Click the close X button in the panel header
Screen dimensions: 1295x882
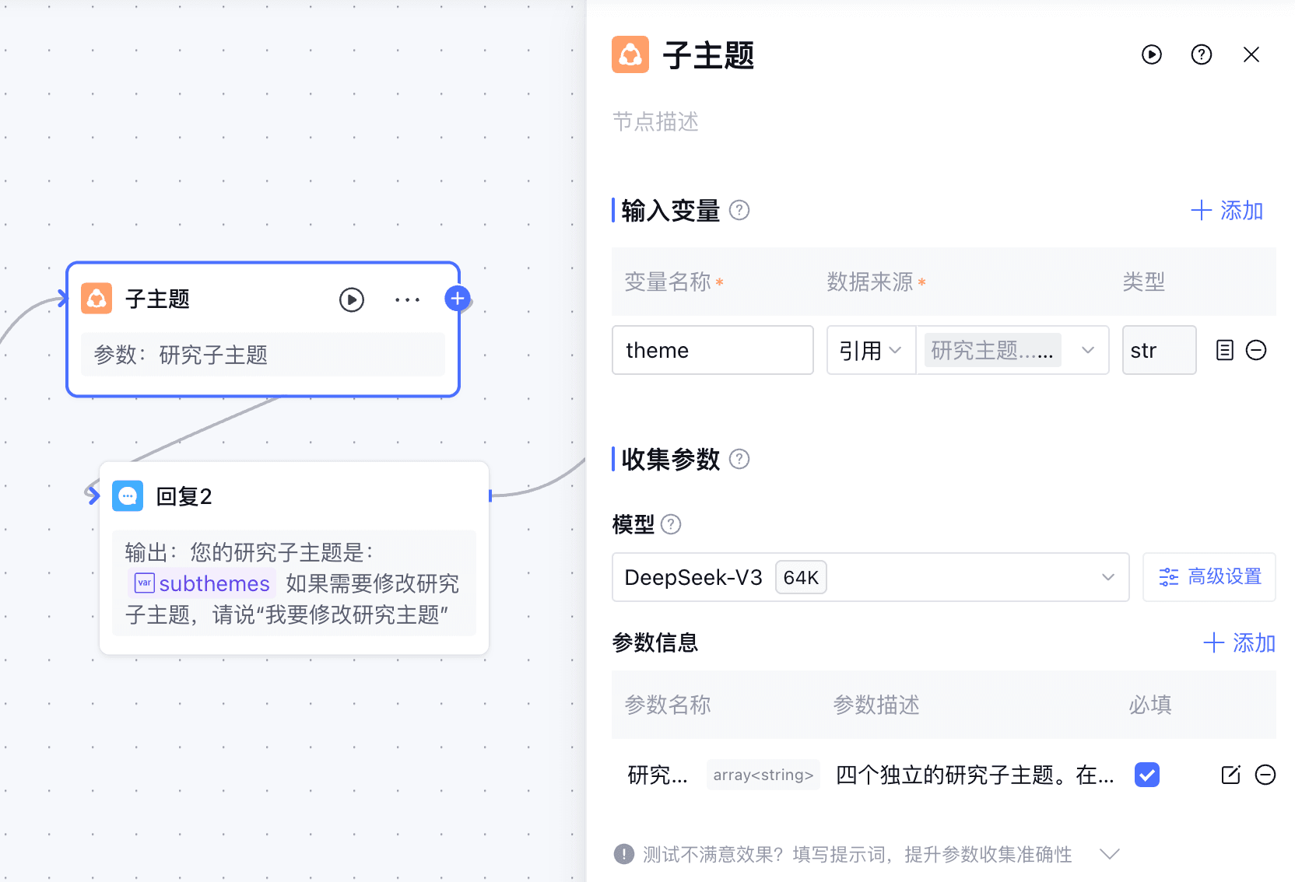(x=1251, y=54)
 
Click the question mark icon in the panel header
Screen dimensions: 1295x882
(x=1201, y=54)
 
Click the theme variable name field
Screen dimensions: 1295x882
(x=712, y=350)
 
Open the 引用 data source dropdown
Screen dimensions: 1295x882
(x=871, y=350)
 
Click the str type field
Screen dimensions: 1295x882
(x=1158, y=350)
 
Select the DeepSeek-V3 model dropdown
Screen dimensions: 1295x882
(x=869, y=577)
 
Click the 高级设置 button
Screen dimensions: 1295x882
(x=1209, y=577)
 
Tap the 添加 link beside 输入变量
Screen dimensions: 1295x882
(x=1227, y=211)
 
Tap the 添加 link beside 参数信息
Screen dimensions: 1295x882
(x=1239, y=643)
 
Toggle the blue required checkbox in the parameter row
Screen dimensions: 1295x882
(x=1146, y=775)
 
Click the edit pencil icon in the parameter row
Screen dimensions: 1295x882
(x=1230, y=775)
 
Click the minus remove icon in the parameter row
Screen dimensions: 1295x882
(x=1265, y=775)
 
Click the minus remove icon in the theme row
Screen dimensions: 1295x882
(x=1256, y=350)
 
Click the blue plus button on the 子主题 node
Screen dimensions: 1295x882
(x=458, y=299)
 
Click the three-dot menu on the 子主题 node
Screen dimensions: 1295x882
(x=407, y=299)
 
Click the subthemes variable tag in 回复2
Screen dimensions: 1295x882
(x=202, y=583)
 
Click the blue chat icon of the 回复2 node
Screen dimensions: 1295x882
(x=128, y=495)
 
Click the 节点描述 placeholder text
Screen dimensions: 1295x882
(x=655, y=122)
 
